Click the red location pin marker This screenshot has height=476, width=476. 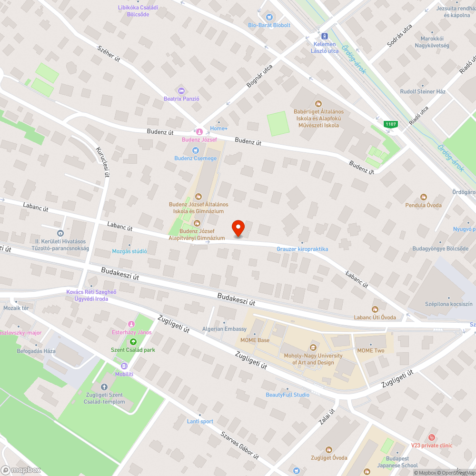[x=238, y=228]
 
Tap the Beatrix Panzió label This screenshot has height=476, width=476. [x=181, y=99]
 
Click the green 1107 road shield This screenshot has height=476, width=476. [x=391, y=124]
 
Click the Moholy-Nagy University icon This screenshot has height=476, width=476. [x=313, y=347]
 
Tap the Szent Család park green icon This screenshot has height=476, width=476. [x=133, y=342]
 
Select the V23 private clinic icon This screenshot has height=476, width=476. [x=431, y=437]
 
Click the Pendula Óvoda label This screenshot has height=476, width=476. [x=423, y=205]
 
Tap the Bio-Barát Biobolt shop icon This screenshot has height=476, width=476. [x=269, y=17]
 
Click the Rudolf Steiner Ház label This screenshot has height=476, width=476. [x=423, y=91]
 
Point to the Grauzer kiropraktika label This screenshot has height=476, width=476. [x=302, y=249]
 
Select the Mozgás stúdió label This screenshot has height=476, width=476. [x=129, y=251]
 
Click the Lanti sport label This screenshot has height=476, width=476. [x=200, y=421]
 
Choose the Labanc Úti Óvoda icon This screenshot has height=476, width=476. [x=375, y=309]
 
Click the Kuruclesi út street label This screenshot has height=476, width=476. [x=103, y=161]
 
